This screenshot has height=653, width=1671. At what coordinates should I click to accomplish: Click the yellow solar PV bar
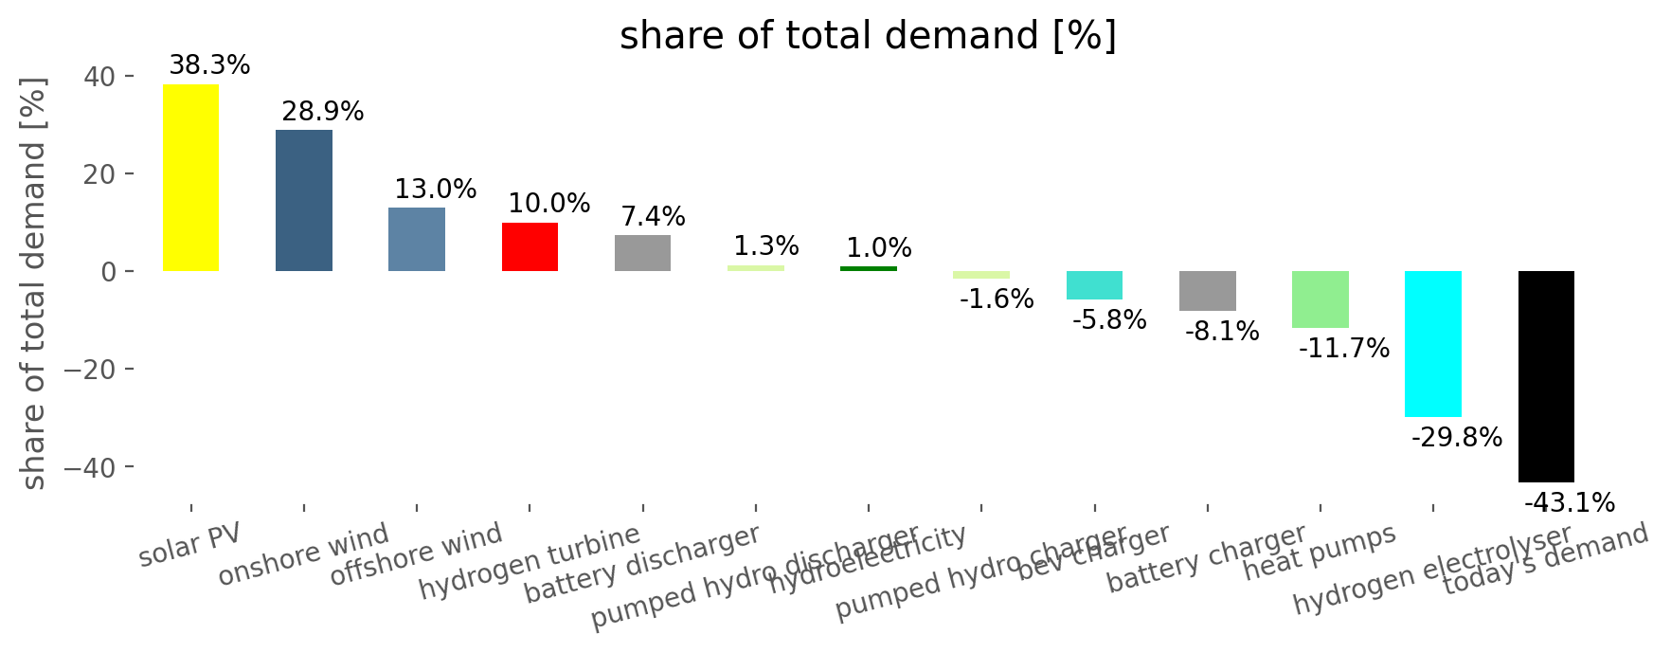190,178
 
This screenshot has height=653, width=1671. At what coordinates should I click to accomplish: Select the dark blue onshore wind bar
303,200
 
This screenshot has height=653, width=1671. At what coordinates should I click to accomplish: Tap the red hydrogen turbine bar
530,246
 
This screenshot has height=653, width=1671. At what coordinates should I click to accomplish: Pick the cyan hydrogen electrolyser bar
1432,343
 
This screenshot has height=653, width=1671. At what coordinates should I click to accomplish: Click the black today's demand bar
1546,376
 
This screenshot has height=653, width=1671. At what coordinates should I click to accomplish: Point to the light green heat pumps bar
1320,299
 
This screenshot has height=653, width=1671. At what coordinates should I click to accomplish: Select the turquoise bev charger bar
1094,285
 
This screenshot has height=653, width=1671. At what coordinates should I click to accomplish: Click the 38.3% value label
209,65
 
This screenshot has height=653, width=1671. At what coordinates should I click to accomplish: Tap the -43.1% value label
1569,503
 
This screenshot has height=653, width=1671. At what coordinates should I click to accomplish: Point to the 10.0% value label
548,204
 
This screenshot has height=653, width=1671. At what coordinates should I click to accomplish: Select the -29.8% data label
1456,438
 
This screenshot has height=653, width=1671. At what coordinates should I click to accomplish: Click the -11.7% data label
1343,349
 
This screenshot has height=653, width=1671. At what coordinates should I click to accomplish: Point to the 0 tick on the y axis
109,272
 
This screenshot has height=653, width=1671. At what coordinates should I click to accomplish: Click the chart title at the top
868,36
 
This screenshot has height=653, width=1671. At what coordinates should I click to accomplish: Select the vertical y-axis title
33,284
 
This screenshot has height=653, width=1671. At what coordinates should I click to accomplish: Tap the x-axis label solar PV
189,546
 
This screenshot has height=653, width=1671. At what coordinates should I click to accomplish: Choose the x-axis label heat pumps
1319,553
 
